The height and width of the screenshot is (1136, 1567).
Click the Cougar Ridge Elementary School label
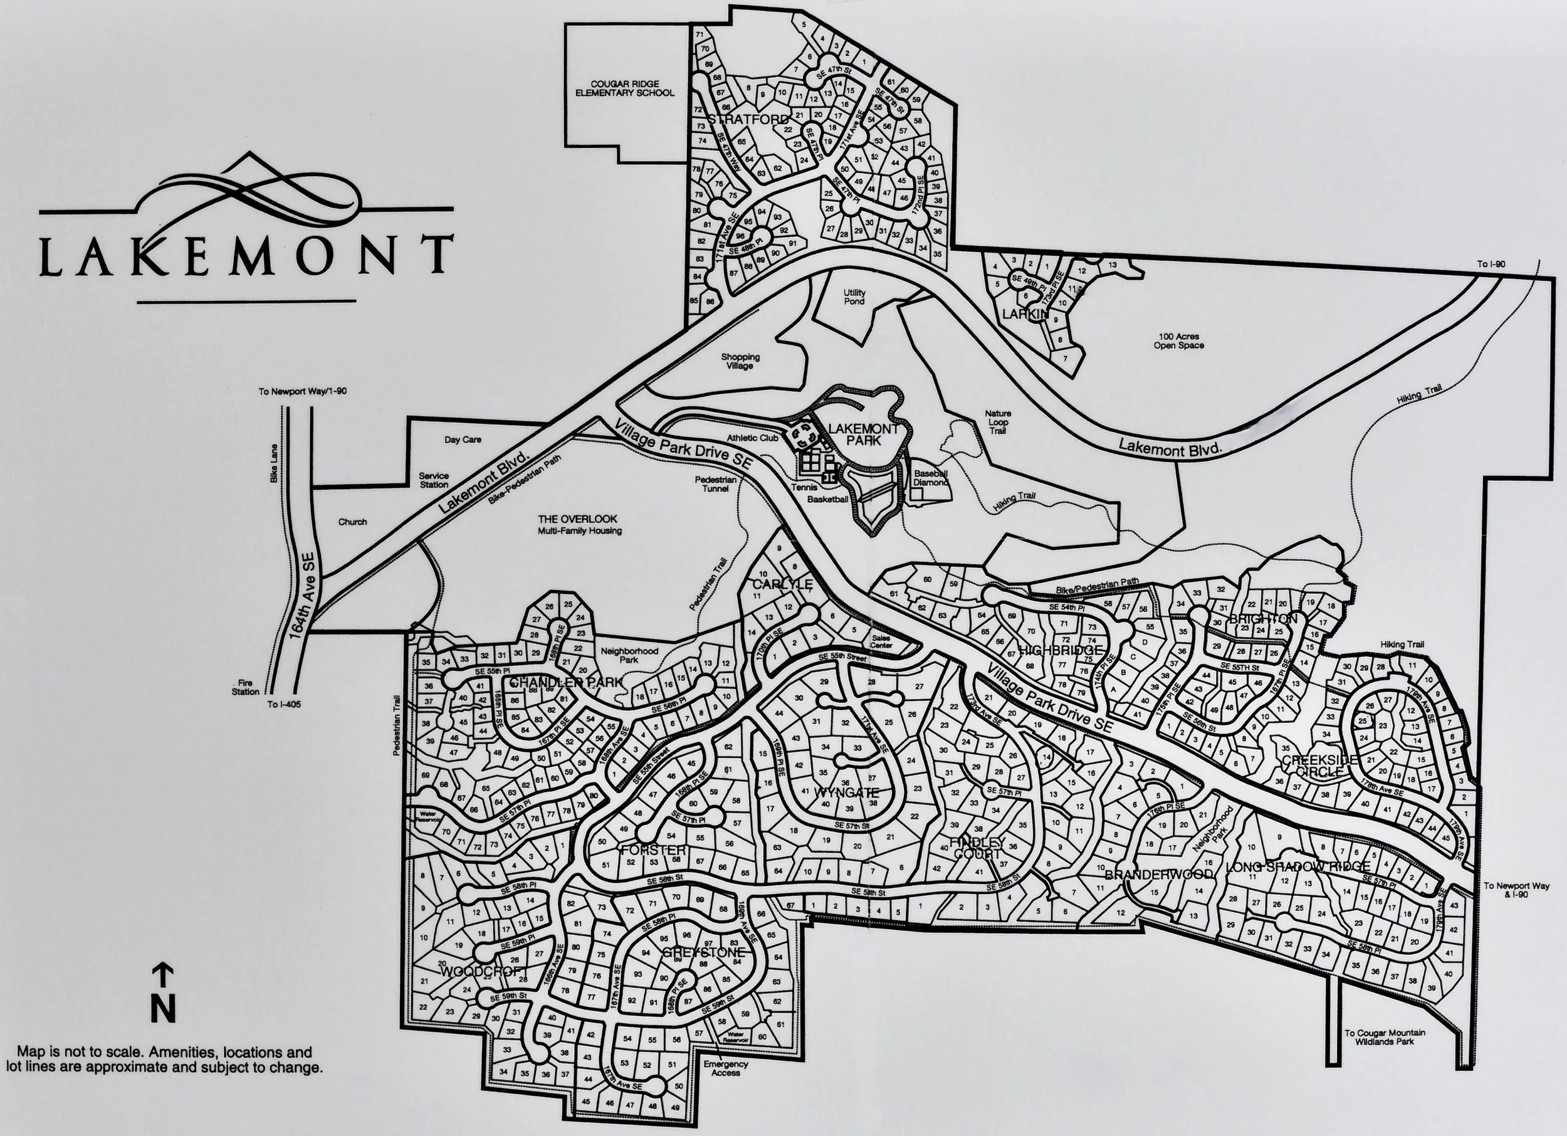624,88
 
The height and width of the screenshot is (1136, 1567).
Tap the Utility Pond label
854,297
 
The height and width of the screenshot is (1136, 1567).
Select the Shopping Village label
740,360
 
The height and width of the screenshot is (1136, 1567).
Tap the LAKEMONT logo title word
245,255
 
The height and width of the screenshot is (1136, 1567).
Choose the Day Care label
462,439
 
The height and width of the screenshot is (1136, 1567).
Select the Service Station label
434,480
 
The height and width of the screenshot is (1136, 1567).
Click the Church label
352,522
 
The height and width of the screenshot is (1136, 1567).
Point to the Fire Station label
245,687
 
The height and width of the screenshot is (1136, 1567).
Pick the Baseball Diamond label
931,478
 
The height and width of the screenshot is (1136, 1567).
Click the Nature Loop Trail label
998,422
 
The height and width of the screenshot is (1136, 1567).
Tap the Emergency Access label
725,1068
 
